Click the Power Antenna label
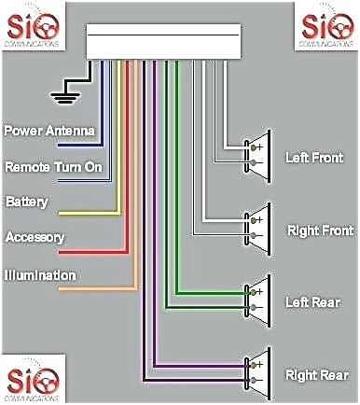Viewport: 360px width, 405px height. (48, 131)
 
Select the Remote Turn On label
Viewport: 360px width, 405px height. (52, 167)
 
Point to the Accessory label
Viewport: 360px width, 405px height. (34, 237)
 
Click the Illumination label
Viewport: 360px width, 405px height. (39, 275)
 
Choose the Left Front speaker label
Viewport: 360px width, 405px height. (312, 159)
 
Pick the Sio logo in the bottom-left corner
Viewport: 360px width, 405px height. (34, 380)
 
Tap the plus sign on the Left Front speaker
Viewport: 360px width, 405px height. (259, 147)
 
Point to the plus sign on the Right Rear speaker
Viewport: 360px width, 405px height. (259, 364)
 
